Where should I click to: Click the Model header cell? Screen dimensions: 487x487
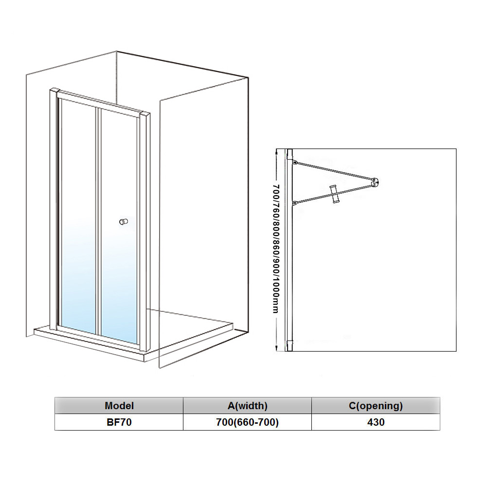(119, 405)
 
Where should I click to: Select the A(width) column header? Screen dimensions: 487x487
(247, 405)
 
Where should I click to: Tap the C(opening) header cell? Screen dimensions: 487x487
(376, 405)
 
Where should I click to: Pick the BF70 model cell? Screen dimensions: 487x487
(119, 422)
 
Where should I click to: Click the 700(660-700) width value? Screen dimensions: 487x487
(247, 422)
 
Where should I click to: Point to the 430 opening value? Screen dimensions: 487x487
(376, 422)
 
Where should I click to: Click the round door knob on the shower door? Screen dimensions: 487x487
(123, 222)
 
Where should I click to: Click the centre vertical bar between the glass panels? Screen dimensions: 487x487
(98, 219)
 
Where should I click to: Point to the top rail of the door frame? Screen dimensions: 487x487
(100, 103)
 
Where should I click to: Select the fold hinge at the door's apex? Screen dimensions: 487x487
(375, 181)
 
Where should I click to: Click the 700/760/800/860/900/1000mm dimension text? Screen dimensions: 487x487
(276, 249)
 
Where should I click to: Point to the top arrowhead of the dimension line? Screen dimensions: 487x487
(276, 151)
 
